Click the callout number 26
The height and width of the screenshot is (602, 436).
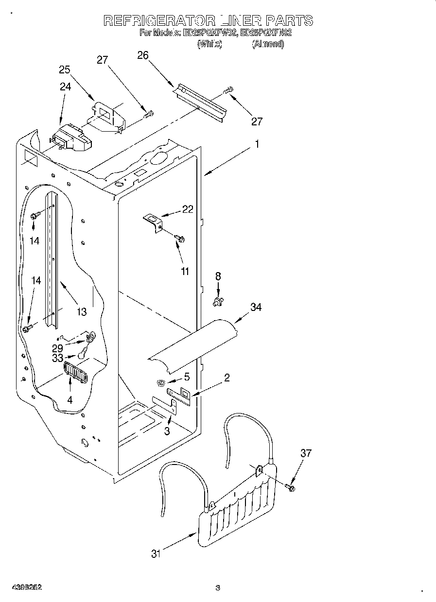[x=142, y=55]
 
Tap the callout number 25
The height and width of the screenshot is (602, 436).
[x=65, y=69]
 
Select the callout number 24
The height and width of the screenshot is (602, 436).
[x=65, y=87]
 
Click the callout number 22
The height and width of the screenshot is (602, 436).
[x=187, y=209]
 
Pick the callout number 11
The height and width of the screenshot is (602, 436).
[x=185, y=272]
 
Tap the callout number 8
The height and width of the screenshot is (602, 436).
[x=218, y=276]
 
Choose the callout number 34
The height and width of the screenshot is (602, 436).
[x=256, y=307]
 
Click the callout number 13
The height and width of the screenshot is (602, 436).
[x=81, y=311]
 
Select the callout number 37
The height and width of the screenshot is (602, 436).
[x=306, y=453]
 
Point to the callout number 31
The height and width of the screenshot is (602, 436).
[x=155, y=553]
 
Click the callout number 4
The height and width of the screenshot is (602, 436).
[x=70, y=401]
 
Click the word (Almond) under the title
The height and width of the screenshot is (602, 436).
[x=267, y=44]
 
